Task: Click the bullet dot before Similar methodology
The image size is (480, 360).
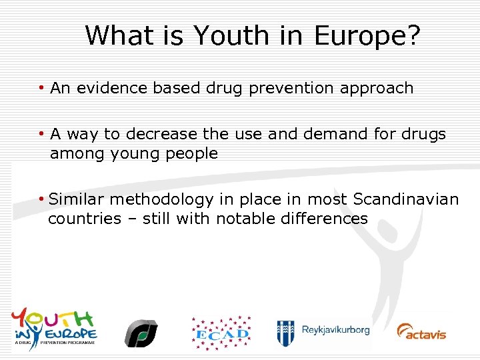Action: (41, 199)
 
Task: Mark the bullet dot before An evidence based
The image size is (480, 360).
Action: (41, 87)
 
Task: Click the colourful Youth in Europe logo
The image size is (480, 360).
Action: (54, 327)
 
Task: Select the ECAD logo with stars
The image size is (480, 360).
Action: (221, 332)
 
